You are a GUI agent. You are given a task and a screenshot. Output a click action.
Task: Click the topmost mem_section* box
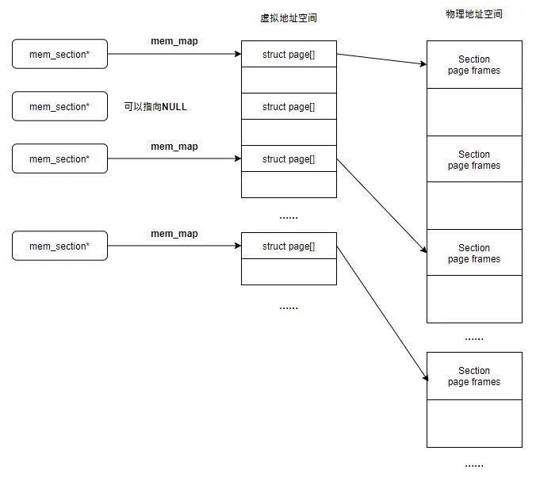59,55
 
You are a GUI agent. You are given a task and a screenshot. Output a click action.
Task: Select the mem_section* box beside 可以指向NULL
59,107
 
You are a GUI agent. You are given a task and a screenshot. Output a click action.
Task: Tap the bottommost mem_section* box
59,246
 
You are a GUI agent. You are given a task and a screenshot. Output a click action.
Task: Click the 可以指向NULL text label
155,107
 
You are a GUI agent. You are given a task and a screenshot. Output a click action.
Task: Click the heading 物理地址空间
474,14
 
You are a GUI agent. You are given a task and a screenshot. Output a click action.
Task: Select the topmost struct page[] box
289,55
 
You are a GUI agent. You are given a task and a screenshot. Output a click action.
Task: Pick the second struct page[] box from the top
289,107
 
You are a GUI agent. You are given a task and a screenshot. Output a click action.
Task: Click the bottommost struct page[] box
289,246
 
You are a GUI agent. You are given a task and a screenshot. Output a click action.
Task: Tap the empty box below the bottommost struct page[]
289,272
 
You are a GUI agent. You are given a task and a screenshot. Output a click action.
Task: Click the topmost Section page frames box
474,65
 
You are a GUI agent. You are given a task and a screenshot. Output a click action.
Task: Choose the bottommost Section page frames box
474,376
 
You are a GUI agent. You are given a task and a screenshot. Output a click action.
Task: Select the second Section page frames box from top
474,160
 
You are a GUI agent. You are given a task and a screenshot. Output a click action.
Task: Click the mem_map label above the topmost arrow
174,41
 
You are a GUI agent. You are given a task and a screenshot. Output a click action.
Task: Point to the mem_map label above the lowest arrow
174,234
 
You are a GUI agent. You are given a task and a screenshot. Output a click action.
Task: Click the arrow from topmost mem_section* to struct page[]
174,55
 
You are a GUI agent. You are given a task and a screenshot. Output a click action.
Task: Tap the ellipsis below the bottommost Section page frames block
474,464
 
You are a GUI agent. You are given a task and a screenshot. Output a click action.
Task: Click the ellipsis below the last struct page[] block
289,307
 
